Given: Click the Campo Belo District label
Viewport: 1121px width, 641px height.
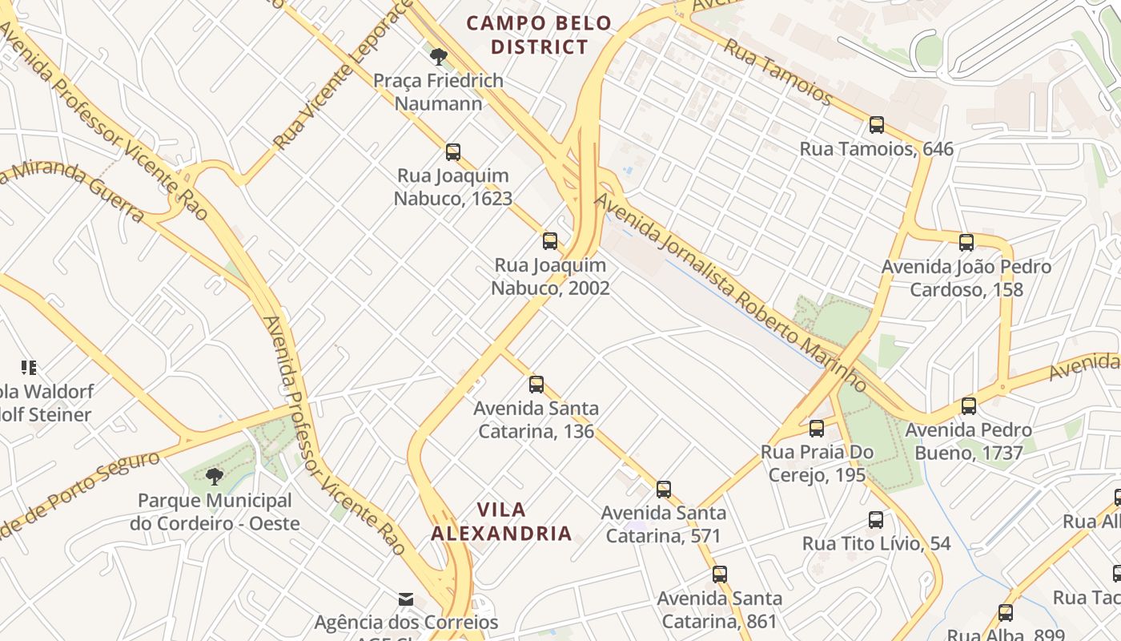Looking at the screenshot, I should [539, 34].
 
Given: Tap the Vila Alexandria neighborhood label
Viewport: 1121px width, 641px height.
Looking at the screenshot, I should [501, 521].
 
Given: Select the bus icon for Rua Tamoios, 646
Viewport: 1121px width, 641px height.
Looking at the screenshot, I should [877, 125].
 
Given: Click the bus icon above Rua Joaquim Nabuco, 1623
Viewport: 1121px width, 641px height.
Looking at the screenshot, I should [453, 152].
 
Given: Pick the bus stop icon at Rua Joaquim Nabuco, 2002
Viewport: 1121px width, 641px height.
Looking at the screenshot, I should [550, 241].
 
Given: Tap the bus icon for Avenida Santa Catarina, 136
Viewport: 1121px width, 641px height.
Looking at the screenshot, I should [536, 385].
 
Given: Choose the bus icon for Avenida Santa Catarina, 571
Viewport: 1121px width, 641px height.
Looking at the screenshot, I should [664, 490].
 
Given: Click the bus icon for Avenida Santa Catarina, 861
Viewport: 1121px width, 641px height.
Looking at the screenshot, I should [720, 574].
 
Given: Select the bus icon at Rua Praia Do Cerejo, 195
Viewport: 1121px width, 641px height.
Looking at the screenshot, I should [817, 429].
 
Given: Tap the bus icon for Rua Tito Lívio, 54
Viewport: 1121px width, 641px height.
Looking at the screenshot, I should [876, 520].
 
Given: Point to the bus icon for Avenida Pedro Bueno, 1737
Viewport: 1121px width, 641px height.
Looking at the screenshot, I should [969, 406].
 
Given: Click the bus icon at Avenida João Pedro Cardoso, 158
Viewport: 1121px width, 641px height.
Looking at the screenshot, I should [966, 243].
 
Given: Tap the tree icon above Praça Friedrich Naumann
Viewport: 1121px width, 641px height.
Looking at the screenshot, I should [438, 57].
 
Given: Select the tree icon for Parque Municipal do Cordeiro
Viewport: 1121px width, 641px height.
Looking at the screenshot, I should [214, 478].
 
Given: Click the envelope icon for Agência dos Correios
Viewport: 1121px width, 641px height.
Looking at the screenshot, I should [406, 599].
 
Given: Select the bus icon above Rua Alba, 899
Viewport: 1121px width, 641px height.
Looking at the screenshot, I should [1006, 613].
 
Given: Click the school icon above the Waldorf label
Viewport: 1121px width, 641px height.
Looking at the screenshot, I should [29, 368].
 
